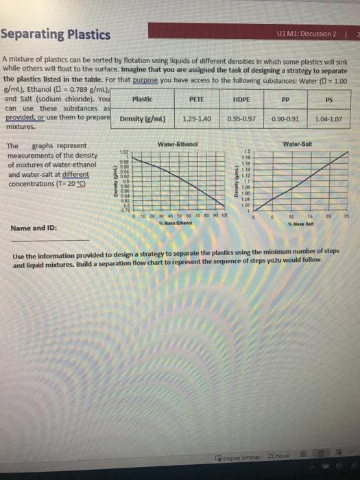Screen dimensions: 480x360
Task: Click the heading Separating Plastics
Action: [56, 34]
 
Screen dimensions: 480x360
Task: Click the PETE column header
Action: [197, 100]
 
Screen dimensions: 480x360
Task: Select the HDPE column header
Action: [241, 100]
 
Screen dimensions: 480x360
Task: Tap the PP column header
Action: [285, 100]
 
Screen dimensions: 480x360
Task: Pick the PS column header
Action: [328, 100]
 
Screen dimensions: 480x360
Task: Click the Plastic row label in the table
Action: [141, 100]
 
